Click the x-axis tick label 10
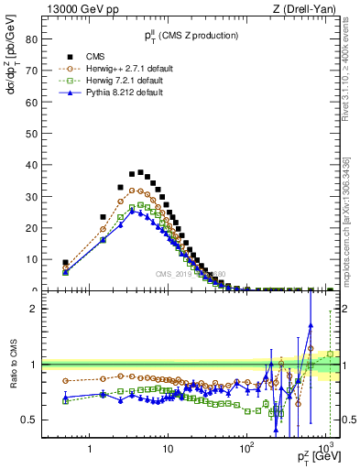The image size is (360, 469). pyautogui.click(x=168, y=449)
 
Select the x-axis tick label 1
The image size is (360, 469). pyautogui.click(x=90, y=449)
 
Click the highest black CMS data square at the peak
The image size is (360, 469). pyautogui.click(x=140, y=171)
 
